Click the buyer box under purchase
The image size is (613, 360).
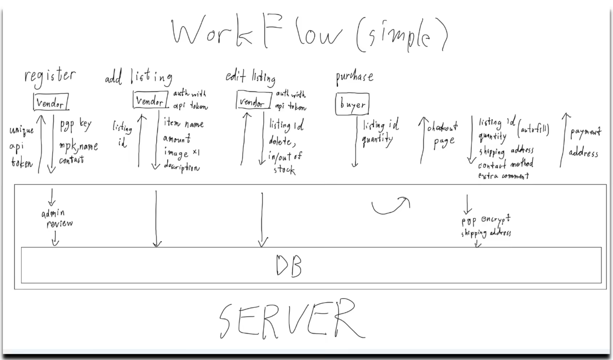[x=352, y=104]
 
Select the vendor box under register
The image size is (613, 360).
[x=50, y=102]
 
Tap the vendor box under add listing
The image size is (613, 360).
[x=150, y=100]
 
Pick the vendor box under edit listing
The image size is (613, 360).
[x=253, y=101]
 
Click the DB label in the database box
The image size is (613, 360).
[x=289, y=266]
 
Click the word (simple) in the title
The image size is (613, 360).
[x=401, y=35]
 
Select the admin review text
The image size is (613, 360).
[x=57, y=218]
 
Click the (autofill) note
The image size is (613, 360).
[x=533, y=129]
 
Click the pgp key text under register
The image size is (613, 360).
[x=76, y=125]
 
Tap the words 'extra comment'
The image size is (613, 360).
[x=503, y=176]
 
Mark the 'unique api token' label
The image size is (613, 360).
[x=21, y=147]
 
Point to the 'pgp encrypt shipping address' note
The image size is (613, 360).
[x=486, y=226]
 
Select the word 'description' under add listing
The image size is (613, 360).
[x=181, y=167]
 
